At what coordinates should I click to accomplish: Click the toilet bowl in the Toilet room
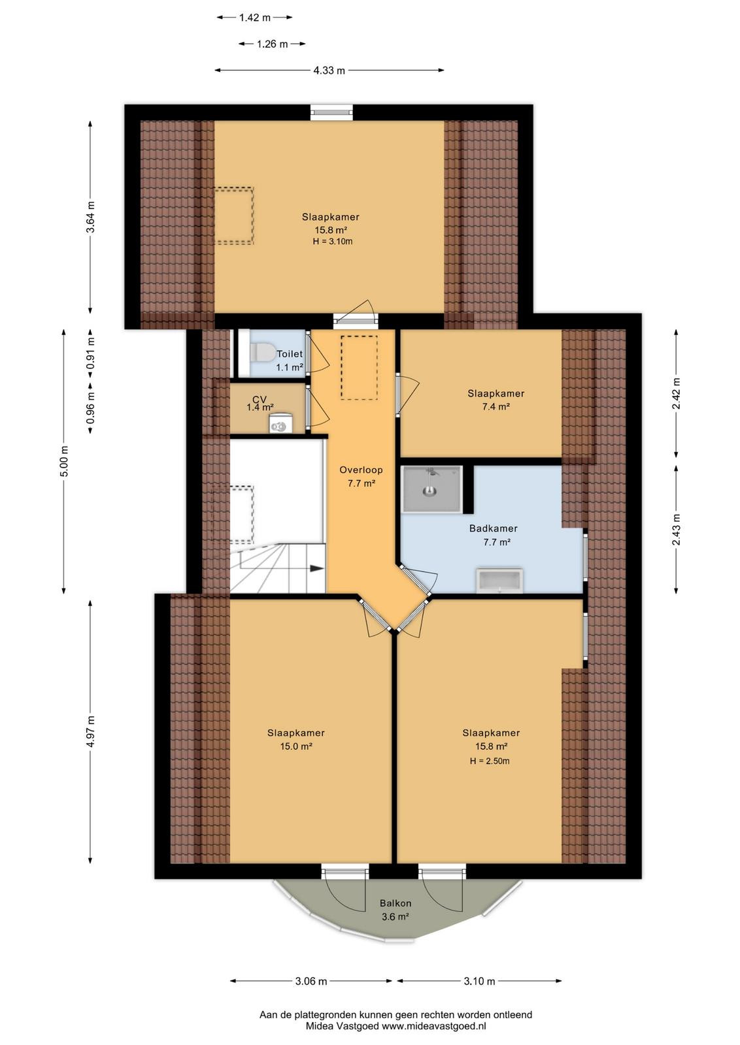pos(262,353)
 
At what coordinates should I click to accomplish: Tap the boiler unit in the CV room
pos(280,423)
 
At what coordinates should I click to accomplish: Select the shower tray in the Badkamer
pos(432,489)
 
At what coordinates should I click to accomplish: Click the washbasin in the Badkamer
pos(499,581)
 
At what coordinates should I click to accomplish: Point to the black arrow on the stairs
pos(317,568)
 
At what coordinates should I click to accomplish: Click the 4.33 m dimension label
pos(329,71)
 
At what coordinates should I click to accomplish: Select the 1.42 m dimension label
pos(255,18)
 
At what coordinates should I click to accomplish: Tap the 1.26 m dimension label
pos(272,44)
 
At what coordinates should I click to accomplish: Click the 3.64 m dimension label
pos(91,217)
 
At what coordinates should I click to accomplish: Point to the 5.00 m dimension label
pos(64,461)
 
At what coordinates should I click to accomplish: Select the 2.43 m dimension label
pos(676,530)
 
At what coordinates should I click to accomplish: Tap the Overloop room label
pos(361,470)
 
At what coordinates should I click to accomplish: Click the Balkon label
pos(395,903)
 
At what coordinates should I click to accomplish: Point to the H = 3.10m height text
pos(333,242)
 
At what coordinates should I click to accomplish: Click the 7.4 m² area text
pos(496,406)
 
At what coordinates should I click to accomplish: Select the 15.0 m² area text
pos(296,746)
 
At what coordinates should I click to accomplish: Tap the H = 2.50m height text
pos(490,761)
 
